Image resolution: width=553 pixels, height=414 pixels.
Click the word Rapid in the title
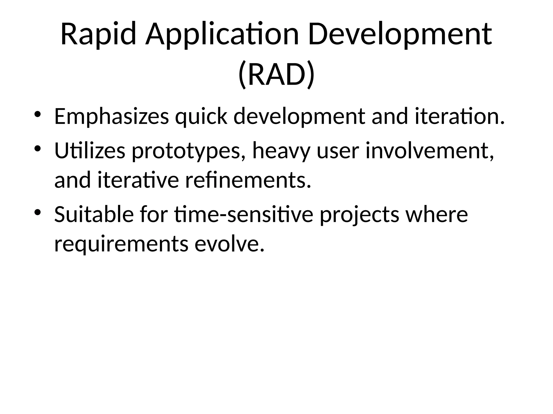[98, 34]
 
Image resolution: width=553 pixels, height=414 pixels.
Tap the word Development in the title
[400, 34]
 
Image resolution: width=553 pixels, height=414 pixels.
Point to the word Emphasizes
[112, 116]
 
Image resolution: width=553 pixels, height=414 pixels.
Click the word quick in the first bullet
[201, 116]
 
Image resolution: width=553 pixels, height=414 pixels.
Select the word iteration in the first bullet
[459, 116]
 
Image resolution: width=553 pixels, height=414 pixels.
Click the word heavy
[281, 151]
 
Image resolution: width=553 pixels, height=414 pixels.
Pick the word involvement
[430, 151]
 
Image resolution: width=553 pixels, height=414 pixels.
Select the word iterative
[138, 180]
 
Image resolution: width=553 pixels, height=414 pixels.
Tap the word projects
[359, 215]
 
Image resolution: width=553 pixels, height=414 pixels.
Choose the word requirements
[121, 244]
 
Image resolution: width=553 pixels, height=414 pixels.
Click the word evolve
[229, 244]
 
